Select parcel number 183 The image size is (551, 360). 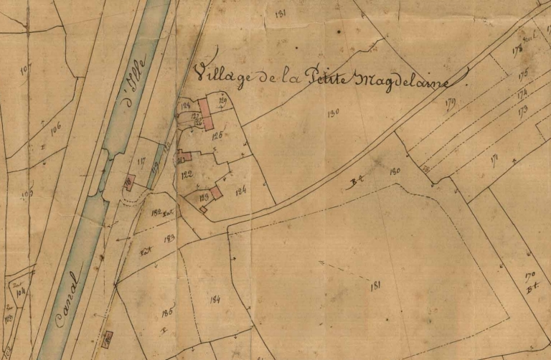pos(169,237)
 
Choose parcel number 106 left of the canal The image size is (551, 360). pos(55,127)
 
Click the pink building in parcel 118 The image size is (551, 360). pos(131,180)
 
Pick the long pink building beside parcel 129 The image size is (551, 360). pos(206,115)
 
